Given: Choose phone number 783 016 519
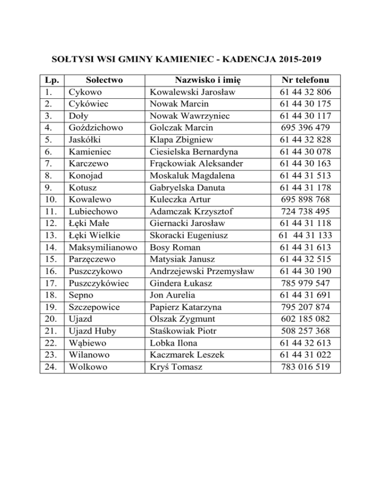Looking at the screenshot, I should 305,367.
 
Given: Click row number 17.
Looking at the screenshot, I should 48,283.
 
